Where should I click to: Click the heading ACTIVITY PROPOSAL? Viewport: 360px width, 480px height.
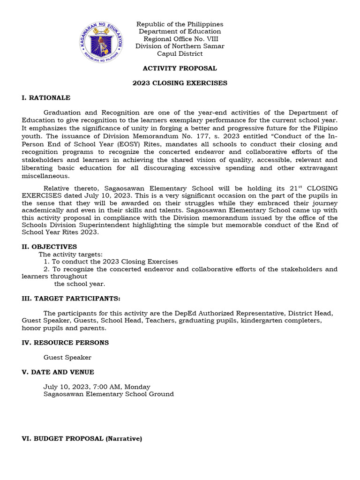[180, 68]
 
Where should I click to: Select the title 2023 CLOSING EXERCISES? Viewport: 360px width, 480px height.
[180, 83]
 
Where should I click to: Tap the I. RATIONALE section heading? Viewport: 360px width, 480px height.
[46, 98]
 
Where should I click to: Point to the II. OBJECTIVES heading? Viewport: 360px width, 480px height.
[49, 247]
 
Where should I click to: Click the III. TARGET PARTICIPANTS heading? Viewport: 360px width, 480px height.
[71, 299]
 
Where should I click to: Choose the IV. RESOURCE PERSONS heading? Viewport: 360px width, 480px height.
[65, 343]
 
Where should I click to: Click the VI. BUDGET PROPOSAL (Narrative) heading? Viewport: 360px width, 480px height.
[82, 439]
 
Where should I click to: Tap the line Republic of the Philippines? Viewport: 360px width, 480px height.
[180, 24]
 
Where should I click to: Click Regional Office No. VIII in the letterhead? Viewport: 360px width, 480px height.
[180, 39]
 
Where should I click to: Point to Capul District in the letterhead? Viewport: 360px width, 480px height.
[180, 54]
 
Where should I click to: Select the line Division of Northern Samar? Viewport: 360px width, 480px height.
[180, 46]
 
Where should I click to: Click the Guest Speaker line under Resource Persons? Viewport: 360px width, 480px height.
[67, 358]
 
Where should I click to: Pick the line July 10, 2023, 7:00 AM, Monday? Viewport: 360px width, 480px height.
[97, 387]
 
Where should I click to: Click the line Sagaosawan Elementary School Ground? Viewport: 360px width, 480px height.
[109, 394]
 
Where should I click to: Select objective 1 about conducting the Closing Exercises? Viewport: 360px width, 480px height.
[111, 262]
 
